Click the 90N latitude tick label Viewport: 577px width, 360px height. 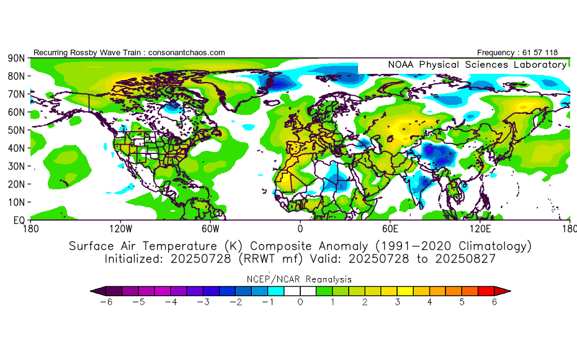(16, 58)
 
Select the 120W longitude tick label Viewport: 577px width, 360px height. (120, 228)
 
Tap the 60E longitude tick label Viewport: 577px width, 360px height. (391, 228)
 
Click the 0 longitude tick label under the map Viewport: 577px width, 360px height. (300, 228)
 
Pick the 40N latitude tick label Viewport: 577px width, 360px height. (16, 148)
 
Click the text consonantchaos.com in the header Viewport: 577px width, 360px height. (186, 53)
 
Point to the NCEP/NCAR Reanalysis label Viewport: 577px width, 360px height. (300, 279)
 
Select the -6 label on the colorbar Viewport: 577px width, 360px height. (107, 302)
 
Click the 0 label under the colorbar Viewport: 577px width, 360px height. (300, 302)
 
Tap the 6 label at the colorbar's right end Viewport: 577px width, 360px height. (494, 302)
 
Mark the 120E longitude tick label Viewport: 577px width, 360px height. (482, 228)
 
